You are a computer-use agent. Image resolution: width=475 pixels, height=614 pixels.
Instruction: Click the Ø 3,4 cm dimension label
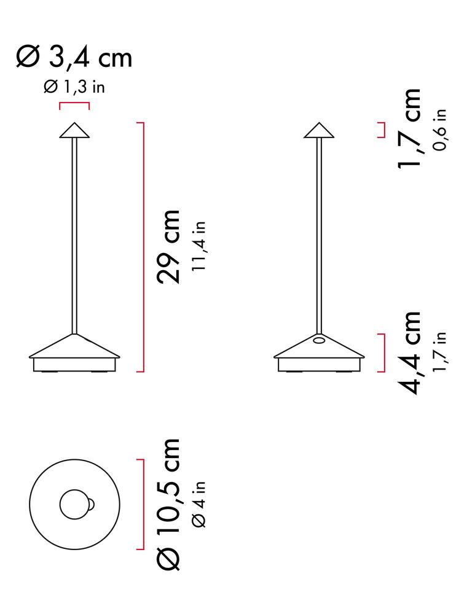tap(74, 58)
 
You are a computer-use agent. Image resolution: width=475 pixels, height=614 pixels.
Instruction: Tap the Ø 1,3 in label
tap(74, 87)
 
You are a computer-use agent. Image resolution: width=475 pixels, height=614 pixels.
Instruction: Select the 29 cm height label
tap(168, 247)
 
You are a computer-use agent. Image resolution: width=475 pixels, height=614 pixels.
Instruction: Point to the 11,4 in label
tap(199, 246)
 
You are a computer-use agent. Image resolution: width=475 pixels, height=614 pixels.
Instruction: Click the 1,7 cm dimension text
tap(409, 128)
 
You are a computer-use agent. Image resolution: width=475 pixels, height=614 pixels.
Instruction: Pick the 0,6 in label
tap(440, 130)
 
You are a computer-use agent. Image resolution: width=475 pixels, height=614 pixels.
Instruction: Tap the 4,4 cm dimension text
tap(409, 353)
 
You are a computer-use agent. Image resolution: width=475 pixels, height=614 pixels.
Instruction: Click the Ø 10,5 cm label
tap(168, 504)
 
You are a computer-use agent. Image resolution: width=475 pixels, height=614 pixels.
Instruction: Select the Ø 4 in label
tap(199, 504)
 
